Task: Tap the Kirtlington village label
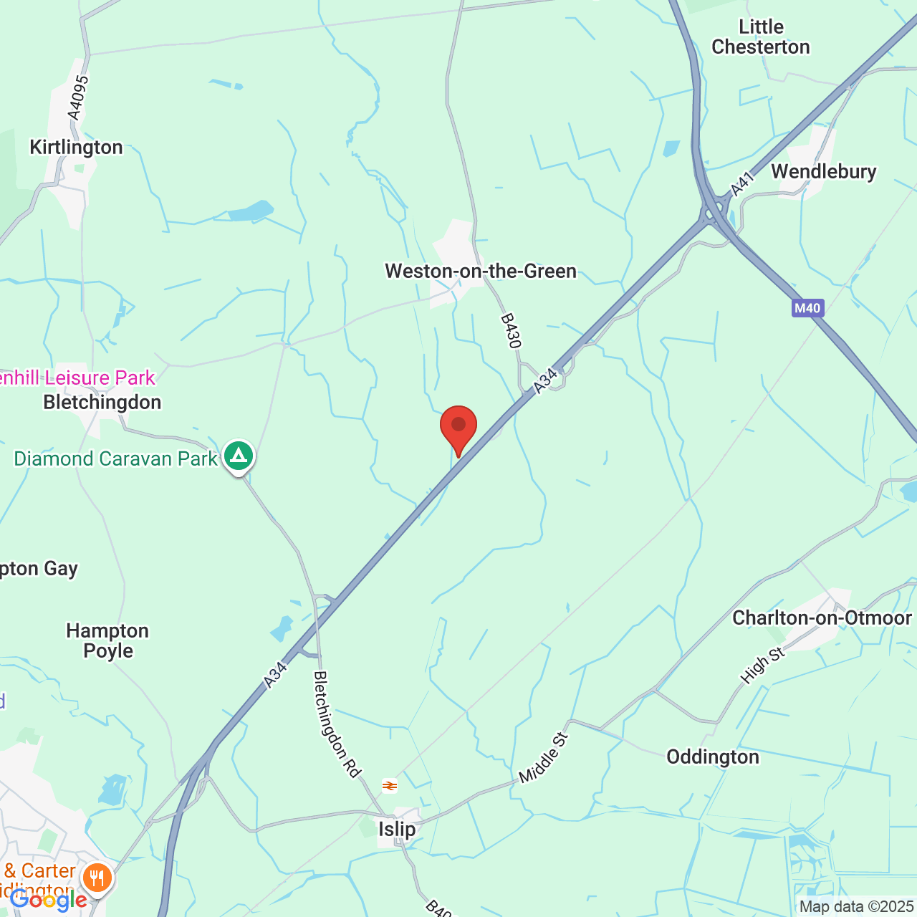pyautogui.click(x=76, y=148)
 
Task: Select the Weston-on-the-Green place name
pyautogui.click(x=481, y=272)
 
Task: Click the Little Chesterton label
pyautogui.click(x=761, y=37)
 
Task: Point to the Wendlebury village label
pyautogui.click(x=824, y=172)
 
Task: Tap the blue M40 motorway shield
pyautogui.click(x=807, y=309)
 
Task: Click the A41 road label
pyautogui.click(x=742, y=184)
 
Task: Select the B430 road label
pyautogui.click(x=510, y=331)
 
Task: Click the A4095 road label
pyautogui.click(x=79, y=97)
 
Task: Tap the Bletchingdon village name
pyautogui.click(x=102, y=403)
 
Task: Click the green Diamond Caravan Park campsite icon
pyautogui.click(x=239, y=456)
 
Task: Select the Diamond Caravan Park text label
pyautogui.click(x=115, y=458)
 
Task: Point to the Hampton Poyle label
pyautogui.click(x=108, y=640)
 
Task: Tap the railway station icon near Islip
pyautogui.click(x=390, y=786)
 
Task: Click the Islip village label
pyautogui.click(x=397, y=830)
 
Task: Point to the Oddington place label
pyautogui.click(x=713, y=757)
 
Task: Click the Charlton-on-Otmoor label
pyautogui.click(x=822, y=618)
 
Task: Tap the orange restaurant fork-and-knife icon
pyautogui.click(x=97, y=877)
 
